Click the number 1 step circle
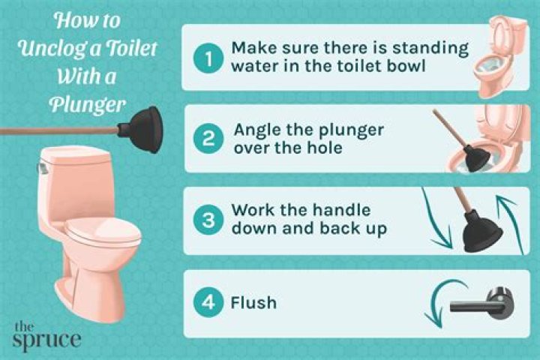(x=208, y=59)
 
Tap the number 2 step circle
(x=208, y=139)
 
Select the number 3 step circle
(x=208, y=220)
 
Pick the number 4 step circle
(x=208, y=302)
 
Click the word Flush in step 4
(x=253, y=303)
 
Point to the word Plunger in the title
(x=88, y=104)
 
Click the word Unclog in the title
(x=53, y=49)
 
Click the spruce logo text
(x=46, y=337)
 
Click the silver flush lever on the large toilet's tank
(x=42, y=168)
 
